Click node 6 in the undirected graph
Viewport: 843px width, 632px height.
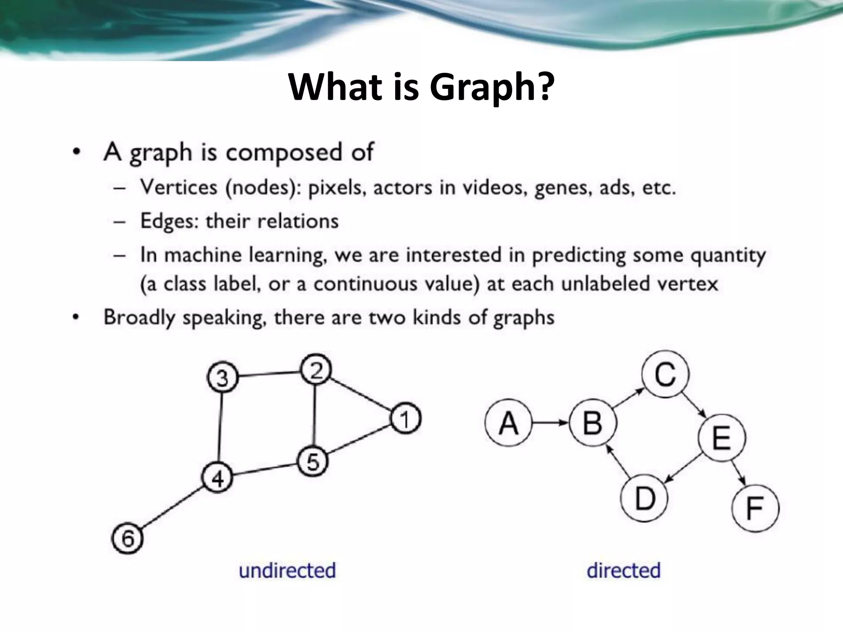coord(128,538)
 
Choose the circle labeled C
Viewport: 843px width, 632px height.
coord(665,374)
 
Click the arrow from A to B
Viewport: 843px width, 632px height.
coord(550,423)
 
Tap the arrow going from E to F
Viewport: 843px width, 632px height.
coord(739,473)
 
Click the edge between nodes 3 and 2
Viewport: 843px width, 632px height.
coord(270,374)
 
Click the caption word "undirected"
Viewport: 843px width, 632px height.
coord(287,571)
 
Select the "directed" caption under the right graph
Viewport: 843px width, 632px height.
coord(624,571)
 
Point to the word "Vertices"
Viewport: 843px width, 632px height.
coord(179,187)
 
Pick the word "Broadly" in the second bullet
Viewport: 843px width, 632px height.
coord(140,317)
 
